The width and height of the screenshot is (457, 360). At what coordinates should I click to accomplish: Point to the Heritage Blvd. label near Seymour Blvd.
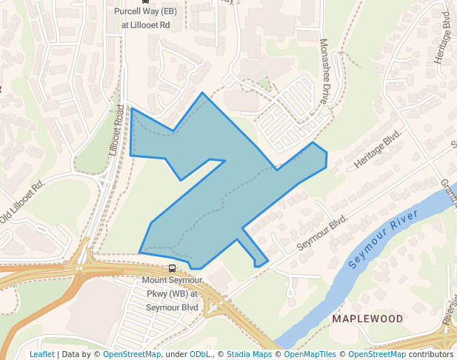point(377,148)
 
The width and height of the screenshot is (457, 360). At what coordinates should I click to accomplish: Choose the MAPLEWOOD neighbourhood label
point(367,319)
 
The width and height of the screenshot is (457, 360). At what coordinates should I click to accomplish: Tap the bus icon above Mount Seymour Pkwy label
point(172,268)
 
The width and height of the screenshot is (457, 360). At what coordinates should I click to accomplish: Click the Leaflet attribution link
point(41,354)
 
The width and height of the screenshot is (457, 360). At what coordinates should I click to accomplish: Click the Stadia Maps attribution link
point(249,354)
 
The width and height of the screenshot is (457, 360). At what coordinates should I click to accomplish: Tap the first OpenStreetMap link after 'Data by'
point(132,354)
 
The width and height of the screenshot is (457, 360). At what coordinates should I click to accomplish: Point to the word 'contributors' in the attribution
point(430,354)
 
